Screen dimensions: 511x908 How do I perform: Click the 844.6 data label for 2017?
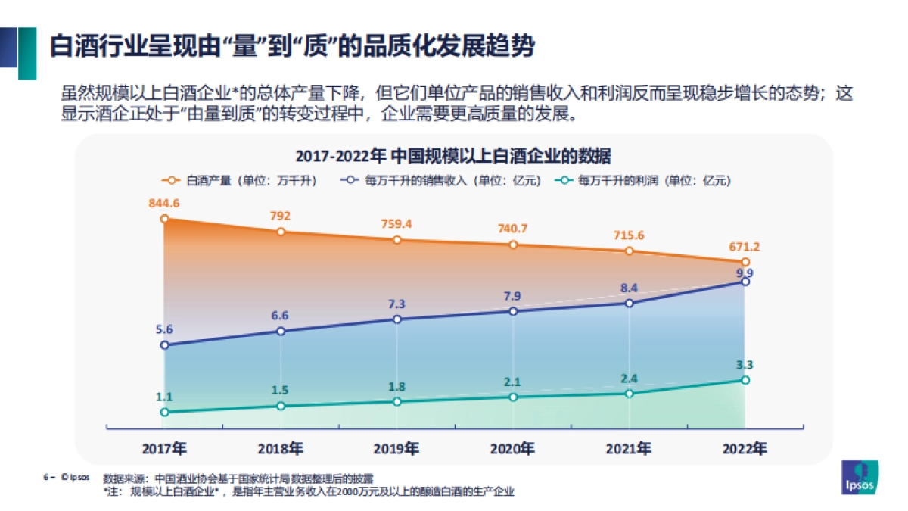[x=164, y=203]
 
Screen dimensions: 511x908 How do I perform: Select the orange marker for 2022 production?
[x=745, y=262]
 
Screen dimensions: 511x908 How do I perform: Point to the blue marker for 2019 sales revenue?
[x=397, y=319]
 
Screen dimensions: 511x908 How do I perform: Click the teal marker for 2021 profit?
[x=630, y=393]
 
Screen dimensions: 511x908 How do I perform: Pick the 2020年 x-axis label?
[x=512, y=449]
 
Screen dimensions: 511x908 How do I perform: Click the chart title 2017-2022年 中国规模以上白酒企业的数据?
[x=453, y=157]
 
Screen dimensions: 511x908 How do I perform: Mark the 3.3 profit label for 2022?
[x=745, y=365]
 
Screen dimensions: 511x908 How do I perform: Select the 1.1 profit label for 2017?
[x=164, y=397]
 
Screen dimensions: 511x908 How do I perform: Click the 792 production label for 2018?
[x=281, y=216]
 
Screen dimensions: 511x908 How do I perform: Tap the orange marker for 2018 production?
[x=281, y=231]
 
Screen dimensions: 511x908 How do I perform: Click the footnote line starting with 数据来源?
[x=238, y=478]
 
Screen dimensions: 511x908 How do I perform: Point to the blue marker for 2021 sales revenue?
[x=630, y=303]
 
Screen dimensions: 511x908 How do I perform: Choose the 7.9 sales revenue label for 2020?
[x=513, y=295]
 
